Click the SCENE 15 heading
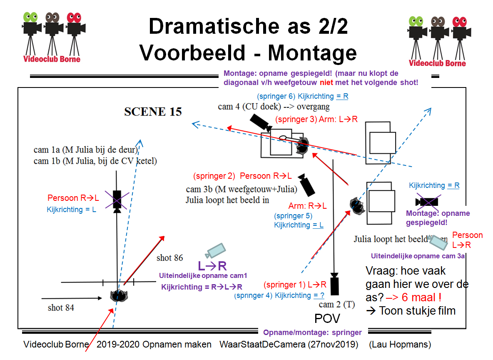(153, 112)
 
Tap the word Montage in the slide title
(312, 53)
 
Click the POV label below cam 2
(327, 319)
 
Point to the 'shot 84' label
(61, 307)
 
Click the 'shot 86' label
(169, 258)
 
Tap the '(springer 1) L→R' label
(295, 285)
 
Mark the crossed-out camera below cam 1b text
(117, 200)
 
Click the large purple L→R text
(212, 266)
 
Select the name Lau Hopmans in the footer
(400, 345)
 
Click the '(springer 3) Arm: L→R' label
(316, 120)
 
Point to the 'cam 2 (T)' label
(337, 305)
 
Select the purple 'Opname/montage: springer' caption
(312, 332)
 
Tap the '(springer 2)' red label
(214, 176)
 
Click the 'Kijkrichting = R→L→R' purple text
(202, 287)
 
